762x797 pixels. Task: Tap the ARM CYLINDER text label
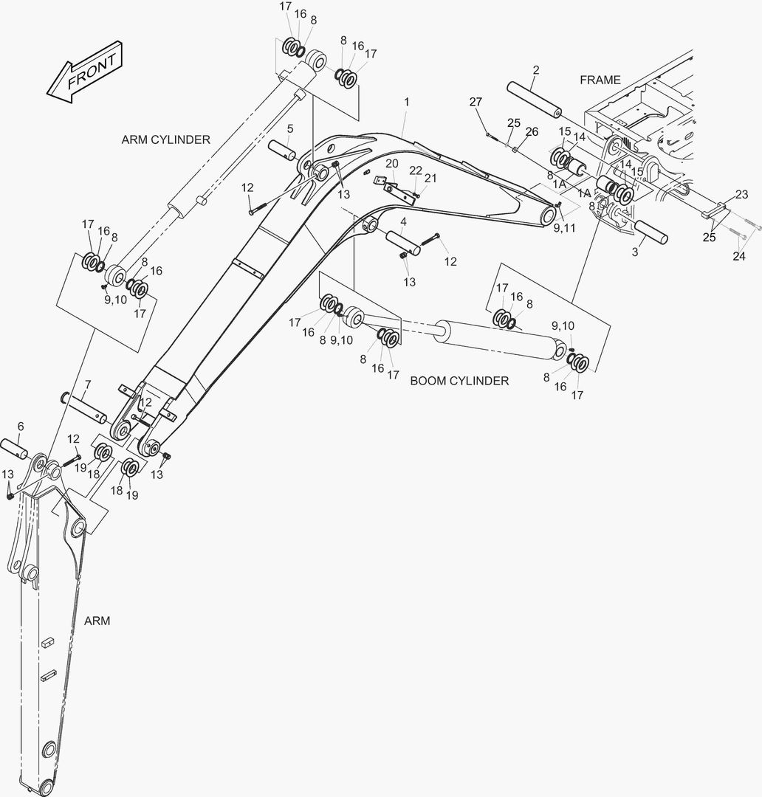point(166,139)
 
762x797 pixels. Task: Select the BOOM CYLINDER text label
point(459,381)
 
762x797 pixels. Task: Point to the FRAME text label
point(600,80)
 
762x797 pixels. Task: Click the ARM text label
point(97,621)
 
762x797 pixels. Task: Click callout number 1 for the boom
point(406,102)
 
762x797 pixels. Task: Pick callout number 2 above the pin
point(535,70)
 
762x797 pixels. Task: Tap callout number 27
point(476,102)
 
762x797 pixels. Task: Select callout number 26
point(532,132)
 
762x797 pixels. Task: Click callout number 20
point(391,164)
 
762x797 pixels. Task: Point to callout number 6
point(21,426)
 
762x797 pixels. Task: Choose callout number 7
point(87,384)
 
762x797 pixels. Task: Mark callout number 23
point(741,194)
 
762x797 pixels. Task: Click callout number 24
point(739,257)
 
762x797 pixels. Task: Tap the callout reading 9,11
point(564,228)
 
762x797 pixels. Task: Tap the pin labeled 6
point(15,450)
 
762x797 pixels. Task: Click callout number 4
point(403,222)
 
